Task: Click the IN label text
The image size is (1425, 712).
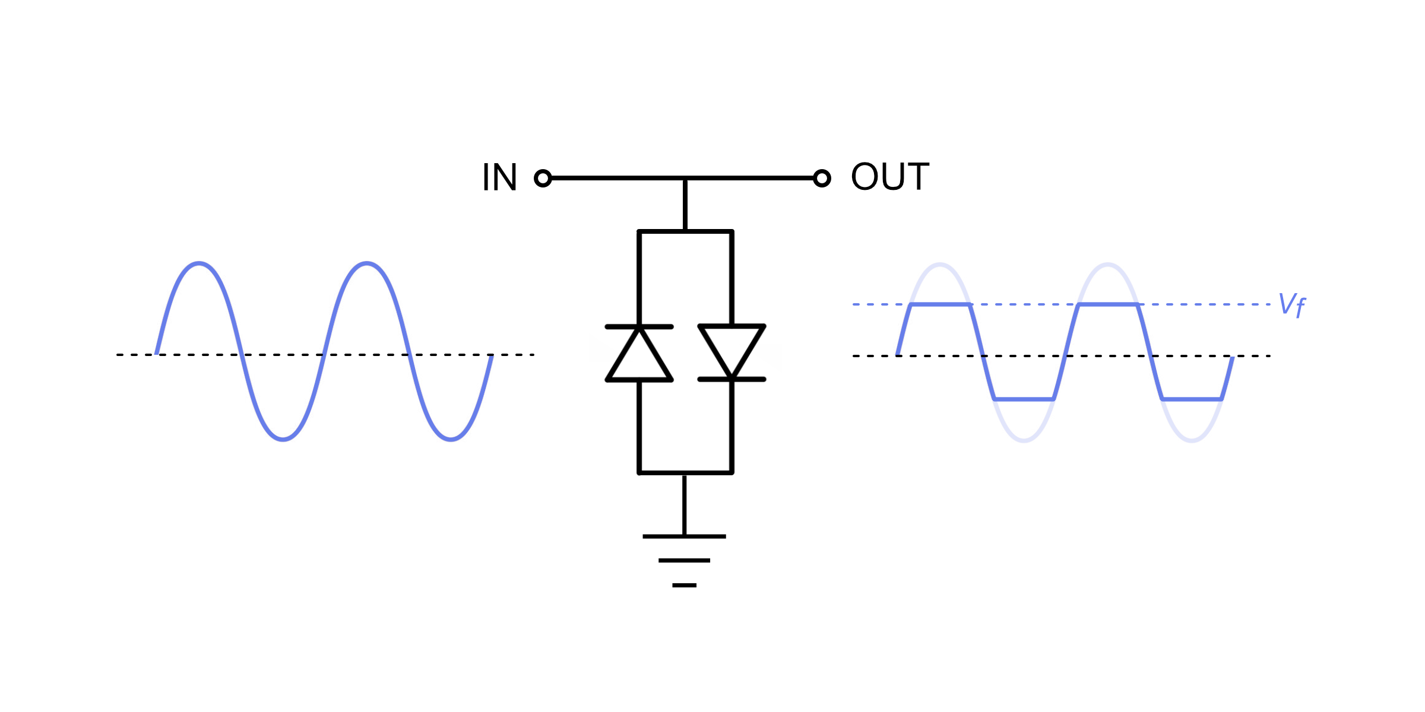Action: pyautogui.click(x=499, y=177)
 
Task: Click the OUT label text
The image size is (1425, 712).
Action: pyautogui.click(x=889, y=177)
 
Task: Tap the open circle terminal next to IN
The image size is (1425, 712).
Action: pyautogui.click(x=543, y=178)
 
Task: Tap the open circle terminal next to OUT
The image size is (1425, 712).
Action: pyautogui.click(x=822, y=178)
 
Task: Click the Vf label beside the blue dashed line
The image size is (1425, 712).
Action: pyautogui.click(x=1292, y=305)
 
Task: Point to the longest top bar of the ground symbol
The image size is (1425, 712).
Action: pyautogui.click(x=684, y=536)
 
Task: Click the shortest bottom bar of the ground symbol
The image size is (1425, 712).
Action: pyautogui.click(x=684, y=585)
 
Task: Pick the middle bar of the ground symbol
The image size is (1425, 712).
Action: pyautogui.click(x=684, y=560)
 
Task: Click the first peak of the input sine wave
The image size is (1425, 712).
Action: pyautogui.click(x=199, y=263)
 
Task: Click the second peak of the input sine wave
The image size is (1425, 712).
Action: pyautogui.click(x=367, y=263)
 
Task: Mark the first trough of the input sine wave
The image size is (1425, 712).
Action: pyautogui.click(x=283, y=440)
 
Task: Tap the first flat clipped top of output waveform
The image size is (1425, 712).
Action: pyautogui.click(x=940, y=304)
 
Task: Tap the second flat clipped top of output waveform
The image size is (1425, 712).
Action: pyautogui.click(x=1108, y=304)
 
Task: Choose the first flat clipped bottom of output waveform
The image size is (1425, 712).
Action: pyautogui.click(x=1024, y=399)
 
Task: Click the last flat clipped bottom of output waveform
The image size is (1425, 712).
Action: pyautogui.click(x=1192, y=399)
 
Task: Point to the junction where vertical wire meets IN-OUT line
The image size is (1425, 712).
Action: pyautogui.click(x=685, y=178)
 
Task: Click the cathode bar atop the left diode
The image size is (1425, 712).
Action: pyautogui.click(x=639, y=327)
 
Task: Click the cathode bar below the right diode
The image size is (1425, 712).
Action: pyautogui.click(x=731, y=379)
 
